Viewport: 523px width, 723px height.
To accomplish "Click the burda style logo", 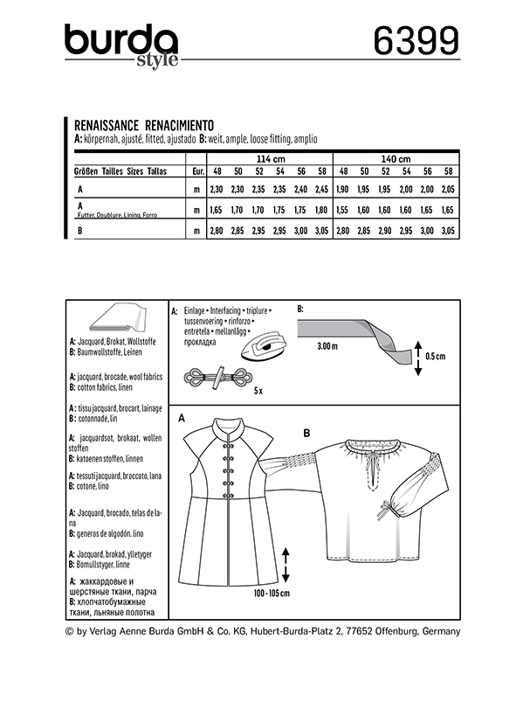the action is click(121, 46).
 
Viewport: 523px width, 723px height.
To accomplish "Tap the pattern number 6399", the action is click(416, 40).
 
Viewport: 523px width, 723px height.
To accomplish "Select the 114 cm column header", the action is click(271, 159).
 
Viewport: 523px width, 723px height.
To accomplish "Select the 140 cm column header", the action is click(396, 159).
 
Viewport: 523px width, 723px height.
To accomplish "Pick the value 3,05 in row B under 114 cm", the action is click(321, 231).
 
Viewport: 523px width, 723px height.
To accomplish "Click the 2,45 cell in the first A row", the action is click(321, 189).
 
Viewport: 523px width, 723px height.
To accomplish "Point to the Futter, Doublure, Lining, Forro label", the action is click(117, 215).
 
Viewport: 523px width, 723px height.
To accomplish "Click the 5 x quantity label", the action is click(258, 391).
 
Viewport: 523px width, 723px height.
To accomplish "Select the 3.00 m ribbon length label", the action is click(327, 346).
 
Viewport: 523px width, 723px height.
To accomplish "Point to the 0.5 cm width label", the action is click(435, 356).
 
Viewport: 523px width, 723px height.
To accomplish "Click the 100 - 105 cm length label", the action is click(272, 593).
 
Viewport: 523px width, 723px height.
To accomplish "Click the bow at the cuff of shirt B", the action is click(384, 511).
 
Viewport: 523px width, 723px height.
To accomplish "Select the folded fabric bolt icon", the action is click(117, 318).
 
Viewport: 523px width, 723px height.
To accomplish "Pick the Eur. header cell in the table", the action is click(198, 171).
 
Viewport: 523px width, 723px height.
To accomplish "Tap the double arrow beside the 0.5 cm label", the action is click(418, 358).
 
